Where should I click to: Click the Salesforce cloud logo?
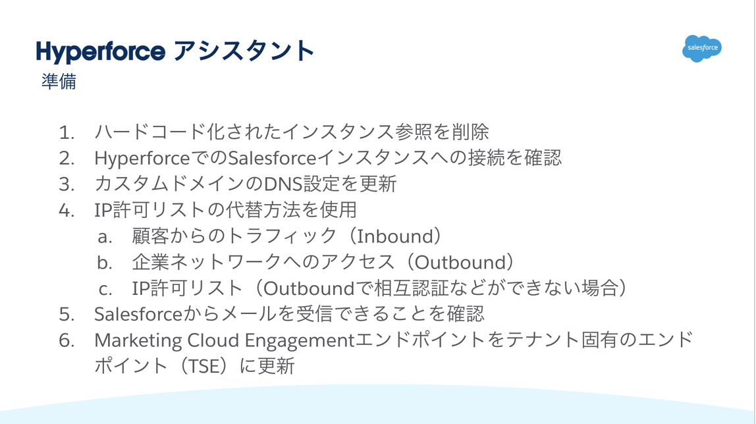tap(701, 48)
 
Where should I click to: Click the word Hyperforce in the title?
tap(100, 51)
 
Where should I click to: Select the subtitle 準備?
tap(59, 81)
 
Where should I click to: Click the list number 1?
tap(67, 132)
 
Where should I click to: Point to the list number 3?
tap(67, 184)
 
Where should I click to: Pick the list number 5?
tap(67, 314)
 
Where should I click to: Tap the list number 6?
tap(67, 340)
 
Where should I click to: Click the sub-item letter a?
tap(105, 236)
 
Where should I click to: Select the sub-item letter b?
tap(105, 263)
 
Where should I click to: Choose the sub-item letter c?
tap(105, 288)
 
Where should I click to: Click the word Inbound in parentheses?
tap(394, 236)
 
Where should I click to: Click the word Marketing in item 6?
tap(138, 340)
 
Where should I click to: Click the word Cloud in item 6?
tap(213, 340)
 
